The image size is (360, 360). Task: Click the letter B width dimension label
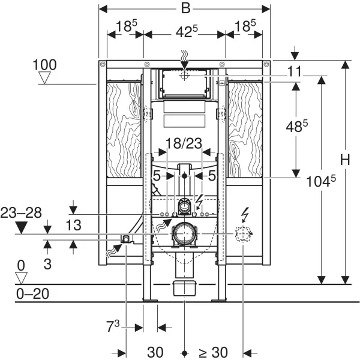click(185, 8)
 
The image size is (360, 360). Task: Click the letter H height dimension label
click(345, 160)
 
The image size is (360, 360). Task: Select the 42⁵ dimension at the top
click(187, 31)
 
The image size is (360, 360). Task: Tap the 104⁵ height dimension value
click(321, 181)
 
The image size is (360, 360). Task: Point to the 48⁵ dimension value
click(296, 126)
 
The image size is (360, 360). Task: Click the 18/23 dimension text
click(184, 143)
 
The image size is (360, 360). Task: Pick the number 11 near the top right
click(295, 71)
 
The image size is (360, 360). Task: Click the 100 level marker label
click(44, 65)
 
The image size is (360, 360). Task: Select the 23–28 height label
click(21, 213)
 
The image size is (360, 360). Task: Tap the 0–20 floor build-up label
click(32, 293)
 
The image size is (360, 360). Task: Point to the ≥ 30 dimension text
click(213, 352)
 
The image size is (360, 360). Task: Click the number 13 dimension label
click(73, 225)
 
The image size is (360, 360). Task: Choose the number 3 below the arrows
click(47, 264)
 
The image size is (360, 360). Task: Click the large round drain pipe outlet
click(184, 234)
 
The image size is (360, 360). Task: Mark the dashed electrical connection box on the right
click(243, 234)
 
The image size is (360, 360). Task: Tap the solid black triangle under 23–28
click(22, 228)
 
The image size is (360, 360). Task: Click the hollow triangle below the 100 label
click(44, 77)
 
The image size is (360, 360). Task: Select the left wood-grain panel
click(124, 129)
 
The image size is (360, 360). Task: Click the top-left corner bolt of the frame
click(103, 64)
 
